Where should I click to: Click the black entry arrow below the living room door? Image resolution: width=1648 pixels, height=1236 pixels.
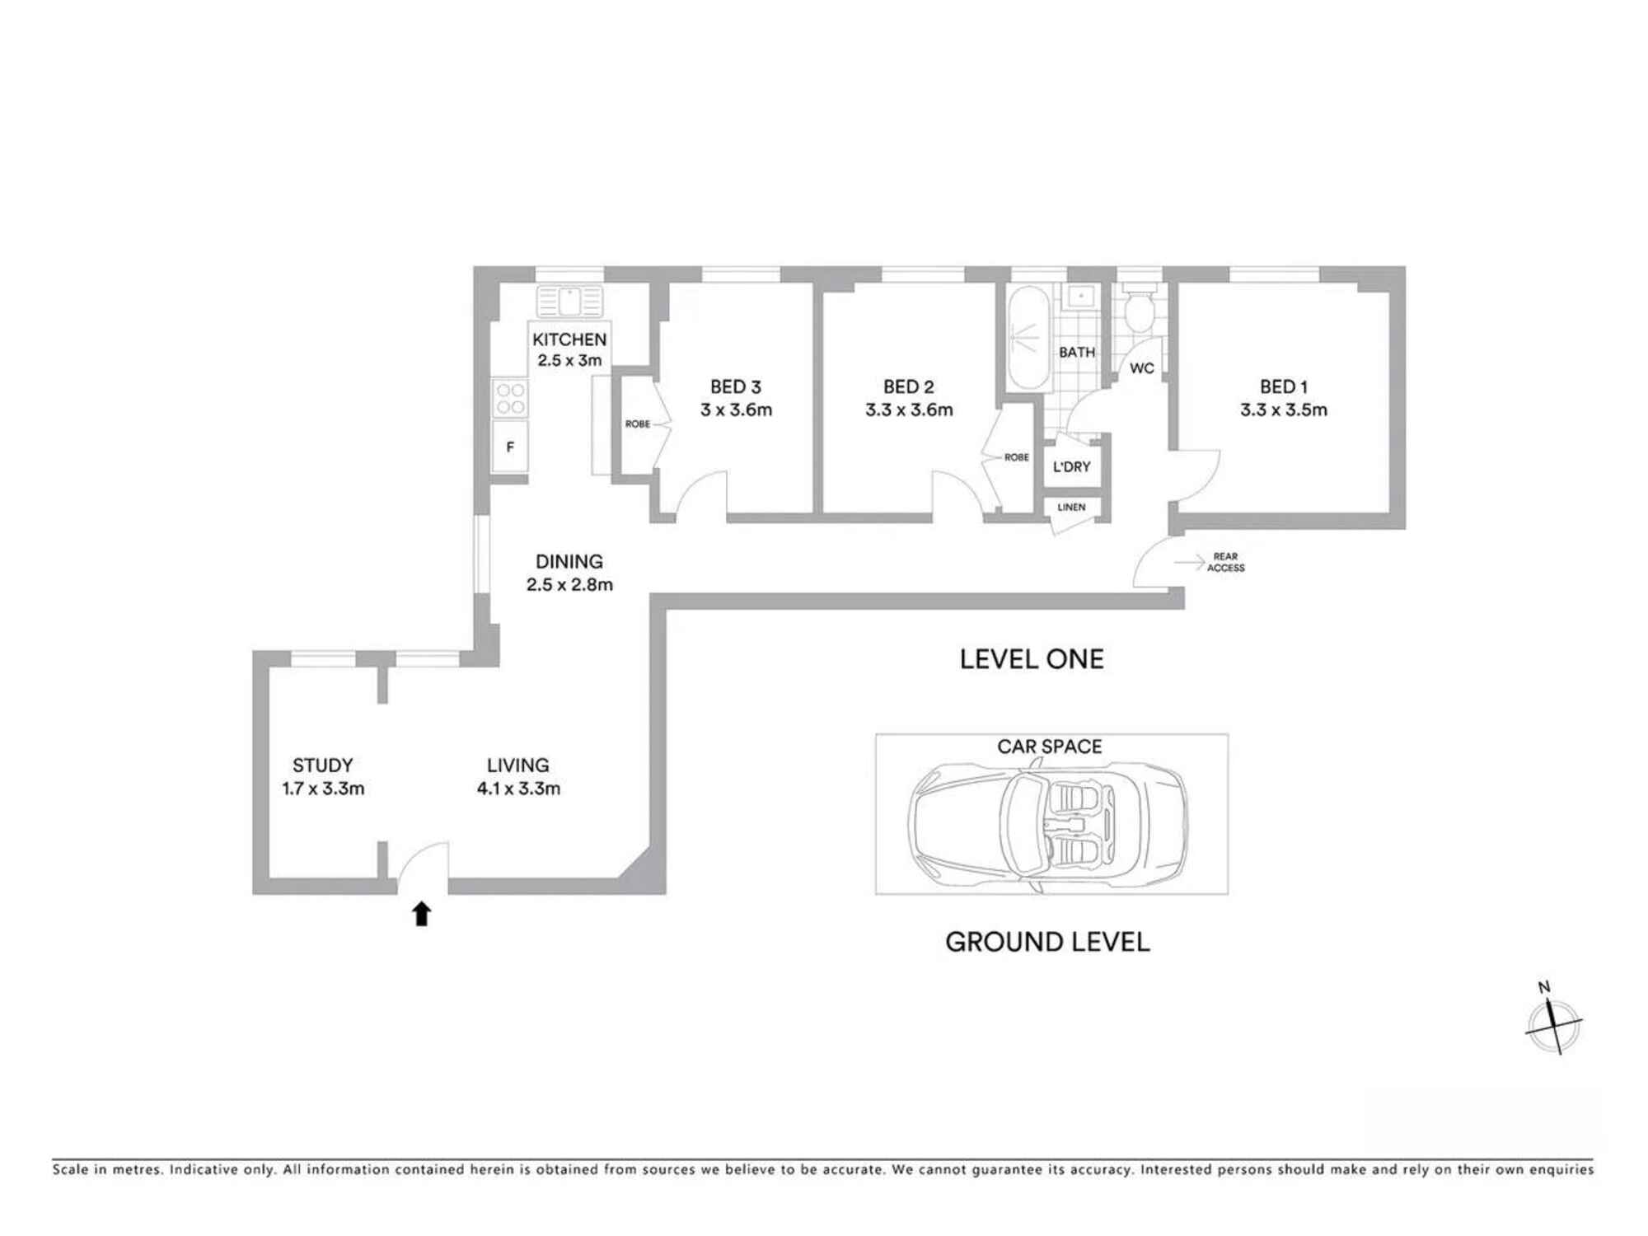click(x=422, y=914)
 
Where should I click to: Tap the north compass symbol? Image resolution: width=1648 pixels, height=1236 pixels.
click(x=1553, y=1022)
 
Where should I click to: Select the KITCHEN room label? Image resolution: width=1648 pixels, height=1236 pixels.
click(x=569, y=339)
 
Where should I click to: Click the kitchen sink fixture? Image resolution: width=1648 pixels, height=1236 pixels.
click(x=569, y=301)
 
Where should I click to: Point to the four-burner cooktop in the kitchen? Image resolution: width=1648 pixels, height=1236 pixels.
click(x=511, y=399)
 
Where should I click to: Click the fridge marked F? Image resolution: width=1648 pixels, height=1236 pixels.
click(x=510, y=447)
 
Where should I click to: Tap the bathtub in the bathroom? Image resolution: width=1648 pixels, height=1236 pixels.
click(x=1028, y=338)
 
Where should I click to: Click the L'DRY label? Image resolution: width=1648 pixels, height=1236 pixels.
click(x=1072, y=466)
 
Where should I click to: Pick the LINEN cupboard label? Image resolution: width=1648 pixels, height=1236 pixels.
click(x=1071, y=507)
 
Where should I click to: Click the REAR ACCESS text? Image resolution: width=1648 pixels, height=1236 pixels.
click(x=1226, y=562)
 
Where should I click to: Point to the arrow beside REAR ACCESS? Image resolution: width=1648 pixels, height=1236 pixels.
click(x=1190, y=563)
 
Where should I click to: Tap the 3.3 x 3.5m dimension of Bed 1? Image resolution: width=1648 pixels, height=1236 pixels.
click(x=1284, y=410)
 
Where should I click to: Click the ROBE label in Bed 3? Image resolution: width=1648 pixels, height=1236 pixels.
click(x=638, y=424)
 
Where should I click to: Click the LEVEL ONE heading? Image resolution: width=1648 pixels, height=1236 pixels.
click(x=1032, y=659)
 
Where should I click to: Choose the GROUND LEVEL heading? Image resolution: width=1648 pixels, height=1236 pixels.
click(x=1047, y=942)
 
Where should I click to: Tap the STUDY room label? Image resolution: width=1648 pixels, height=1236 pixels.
click(x=322, y=765)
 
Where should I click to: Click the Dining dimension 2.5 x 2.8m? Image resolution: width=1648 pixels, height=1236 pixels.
click(x=569, y=584)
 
